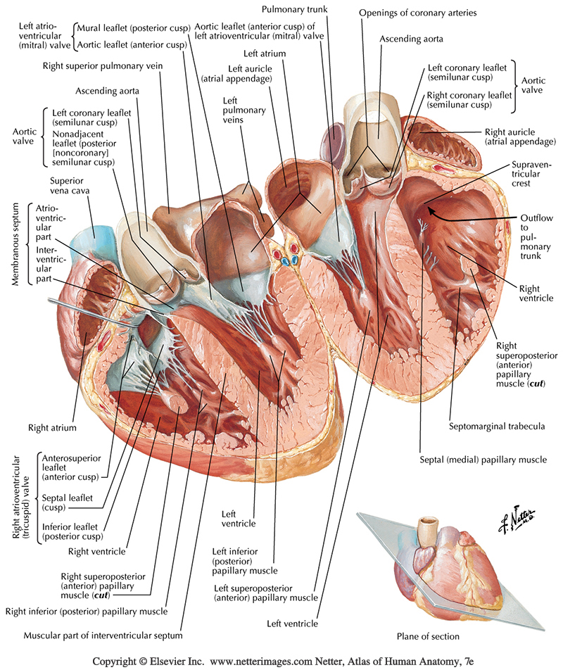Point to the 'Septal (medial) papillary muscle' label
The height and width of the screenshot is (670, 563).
coord(482,460)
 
